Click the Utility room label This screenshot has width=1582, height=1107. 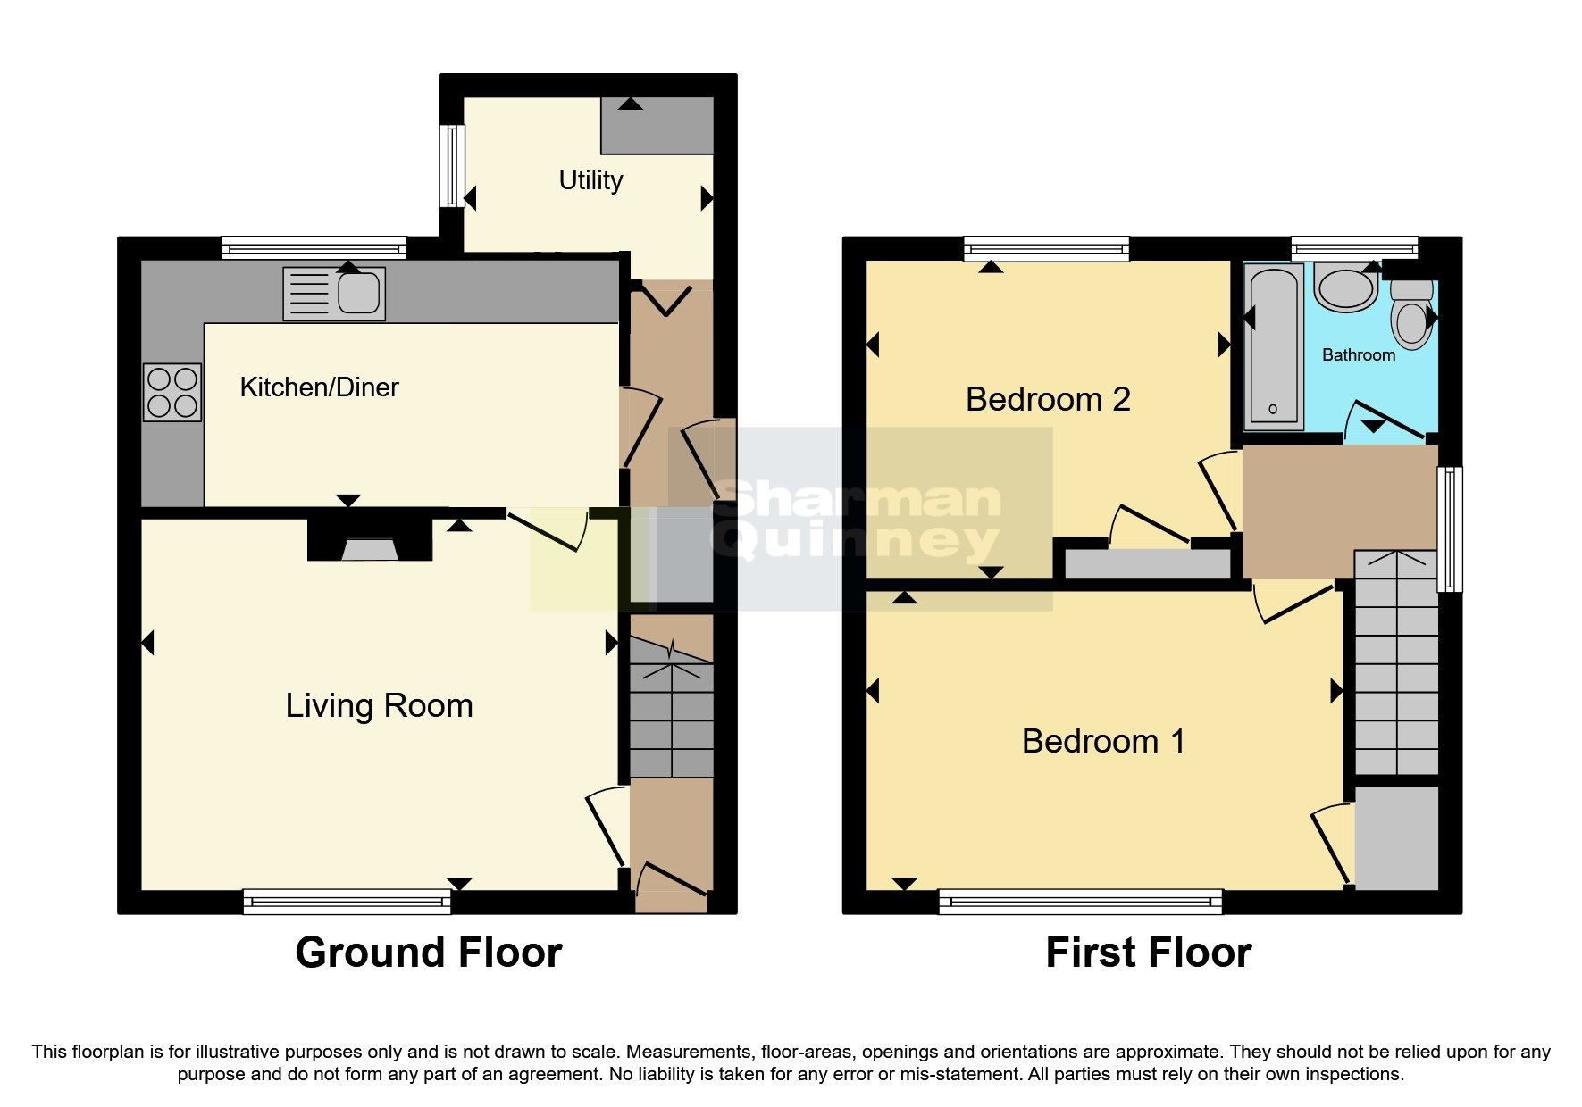point(590,180)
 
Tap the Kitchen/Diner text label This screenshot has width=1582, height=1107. point(319,387)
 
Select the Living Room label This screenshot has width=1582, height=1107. point(379,705)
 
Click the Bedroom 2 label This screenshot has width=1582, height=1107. point(1048,399)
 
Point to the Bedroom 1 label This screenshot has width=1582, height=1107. point(1103,741)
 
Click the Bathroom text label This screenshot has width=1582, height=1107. point(1358,355)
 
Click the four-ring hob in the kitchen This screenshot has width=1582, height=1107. point(172,393)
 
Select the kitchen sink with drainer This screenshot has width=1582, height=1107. point(334,294)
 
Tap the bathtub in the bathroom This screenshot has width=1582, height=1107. point(1274,348)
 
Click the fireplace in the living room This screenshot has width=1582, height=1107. point(370,541)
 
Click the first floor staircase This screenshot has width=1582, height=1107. point(1396,665)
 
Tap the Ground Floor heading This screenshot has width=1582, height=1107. point(428,953)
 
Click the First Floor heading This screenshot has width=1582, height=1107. point(1148,953)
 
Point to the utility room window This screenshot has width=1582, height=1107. point(454,166)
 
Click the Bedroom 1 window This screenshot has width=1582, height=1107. point(1080,902)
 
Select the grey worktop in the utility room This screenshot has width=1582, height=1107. point(657,125)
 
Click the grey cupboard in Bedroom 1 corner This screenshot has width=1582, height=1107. point(1396,837)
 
